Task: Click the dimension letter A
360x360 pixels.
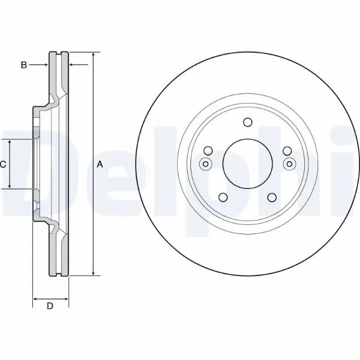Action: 100,164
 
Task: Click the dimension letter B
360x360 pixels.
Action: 24,65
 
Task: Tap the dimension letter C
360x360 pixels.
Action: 3,164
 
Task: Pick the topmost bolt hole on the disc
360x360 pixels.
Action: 247,122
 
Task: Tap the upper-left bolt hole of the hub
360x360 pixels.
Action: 208,151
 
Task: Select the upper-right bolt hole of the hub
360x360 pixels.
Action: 287,151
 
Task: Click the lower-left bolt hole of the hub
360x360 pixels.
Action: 223,197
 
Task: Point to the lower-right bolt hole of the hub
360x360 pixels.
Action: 272,197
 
